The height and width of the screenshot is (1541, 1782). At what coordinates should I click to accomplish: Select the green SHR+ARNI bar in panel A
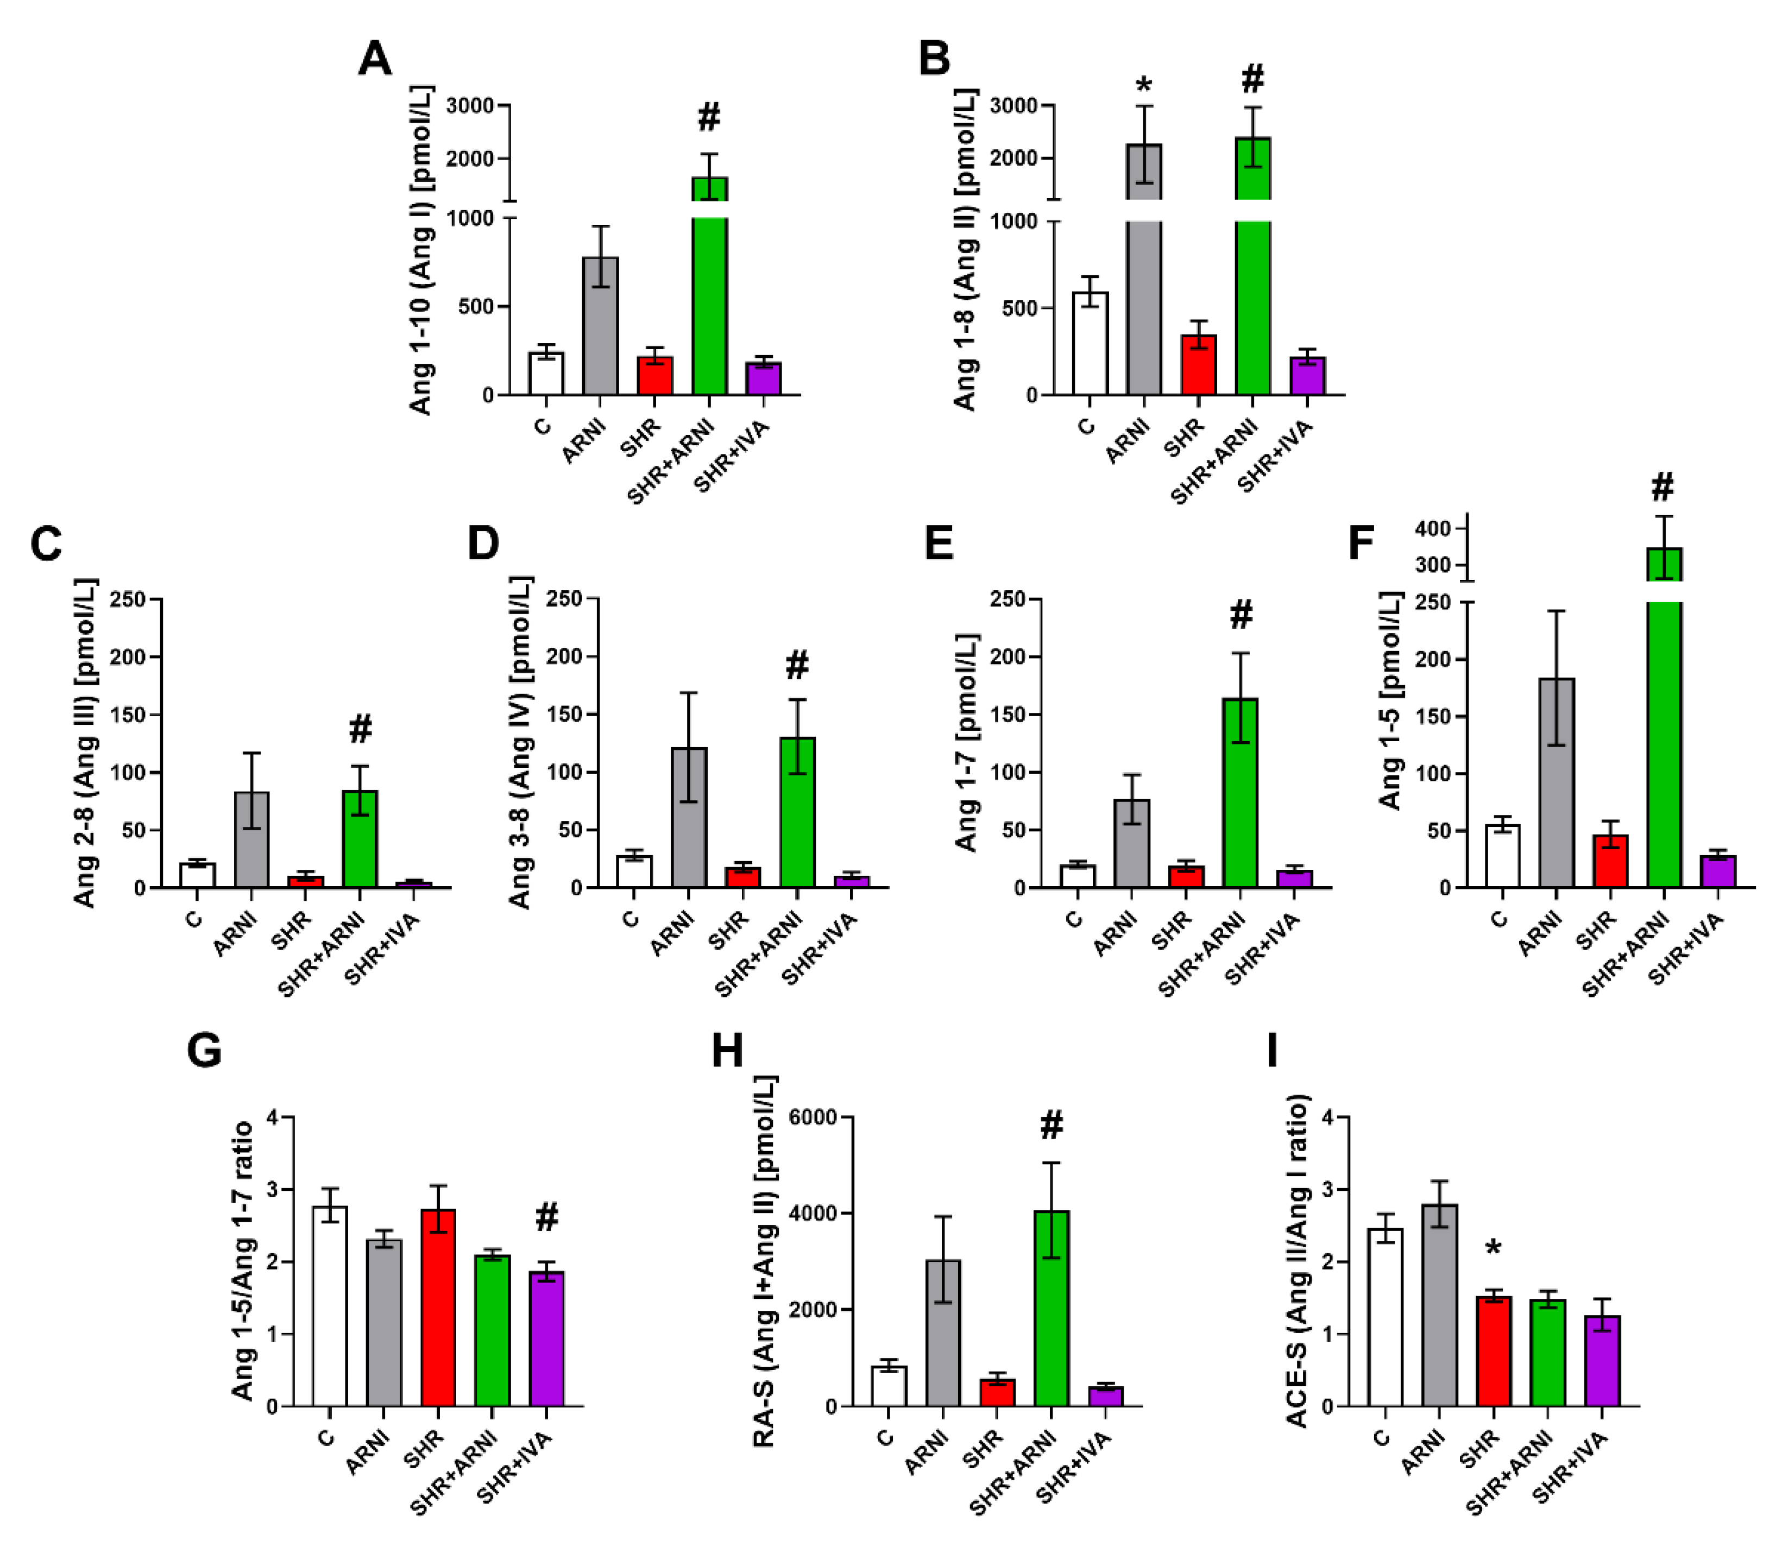click(709, 301)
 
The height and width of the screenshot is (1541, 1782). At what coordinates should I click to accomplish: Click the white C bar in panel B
click(1089, 344)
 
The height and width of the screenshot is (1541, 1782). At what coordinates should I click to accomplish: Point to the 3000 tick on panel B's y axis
click(1013, 106)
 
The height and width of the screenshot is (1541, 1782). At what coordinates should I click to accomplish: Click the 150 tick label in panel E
click(1009, 715)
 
